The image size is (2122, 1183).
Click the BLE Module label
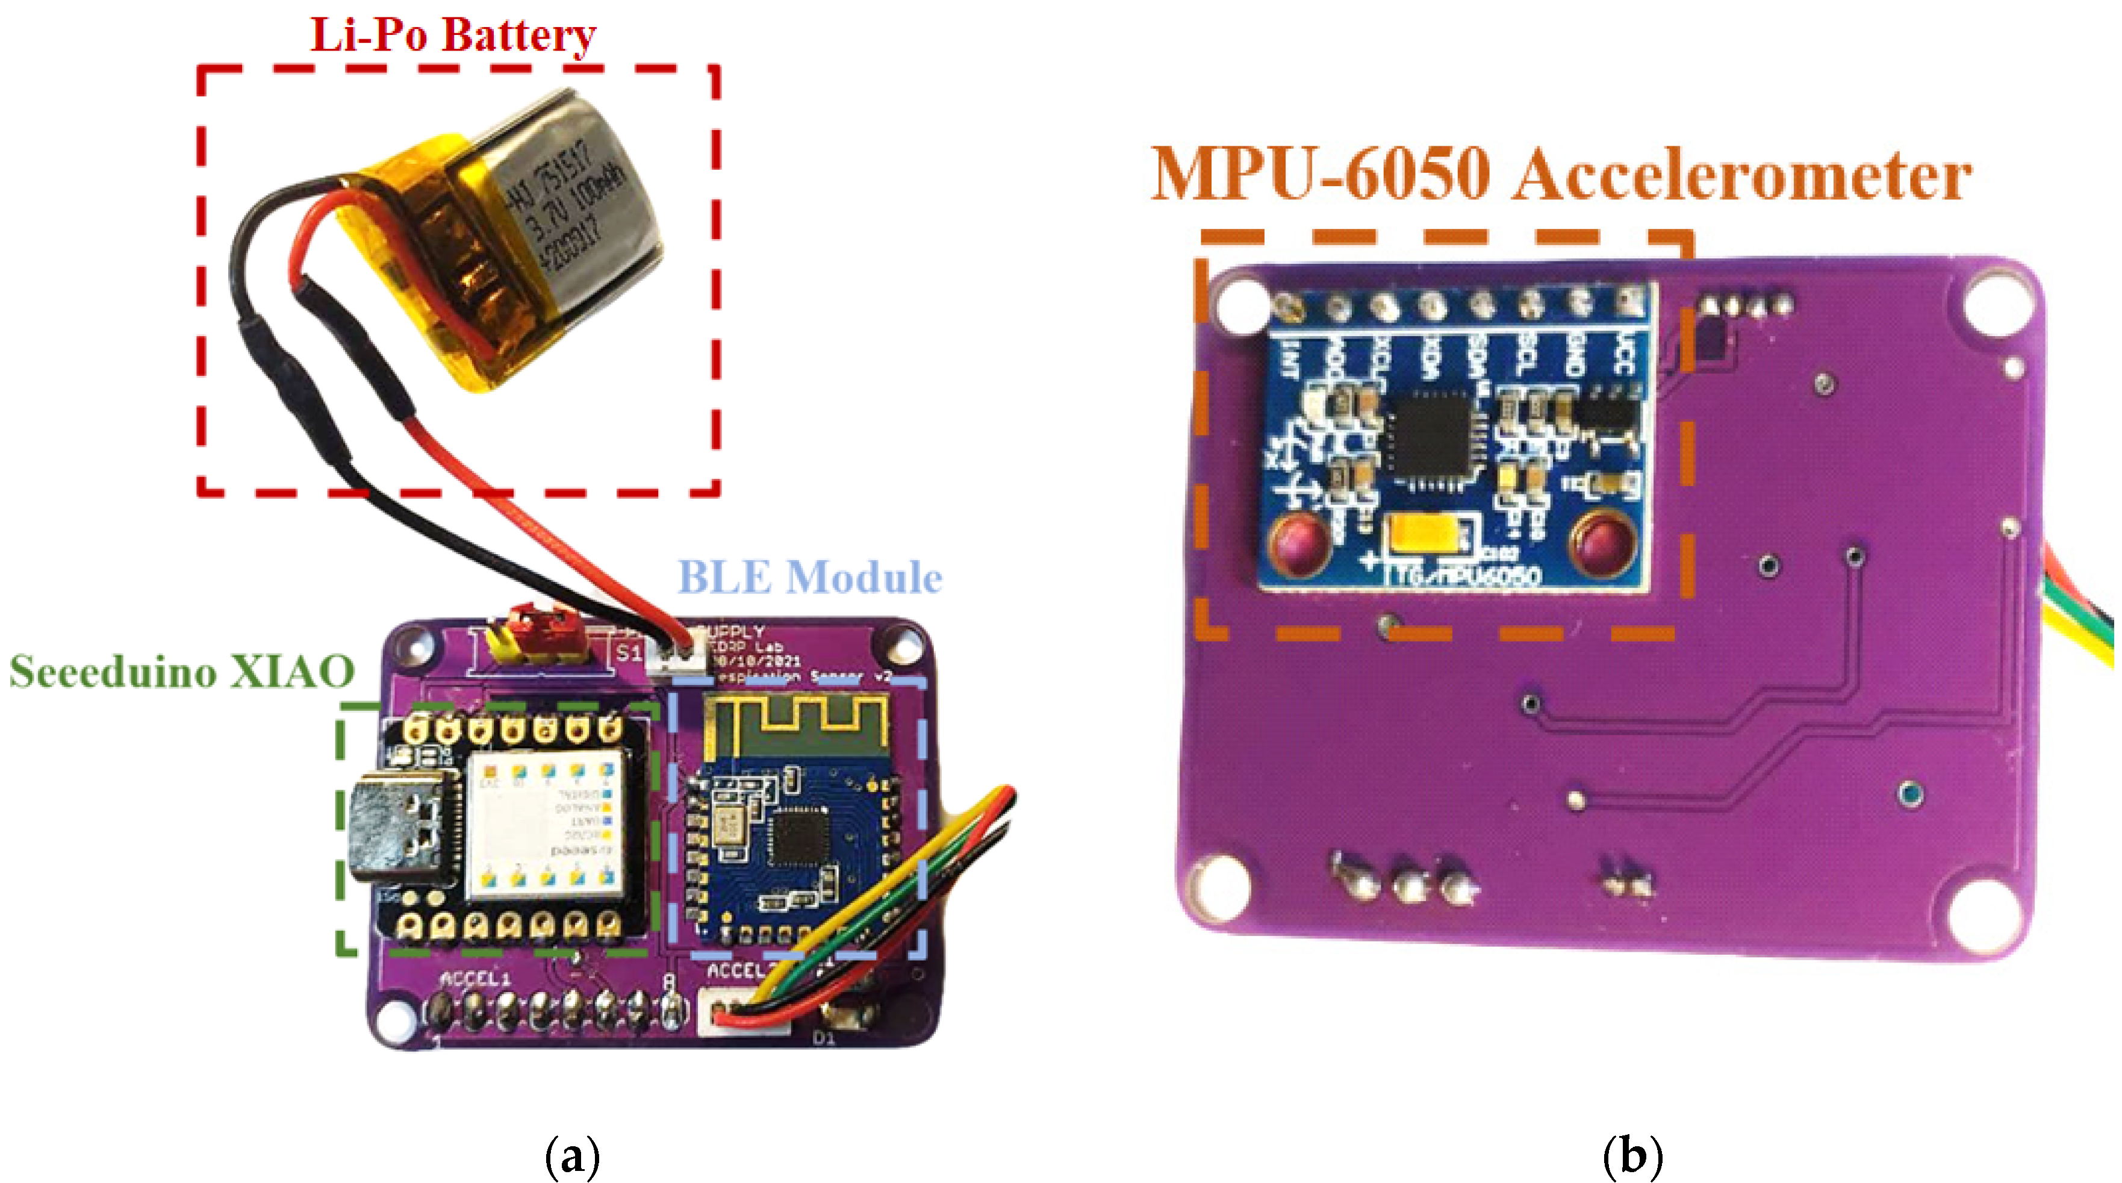click(x=809, y=576)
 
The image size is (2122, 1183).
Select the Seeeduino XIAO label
click(x=181, y=672)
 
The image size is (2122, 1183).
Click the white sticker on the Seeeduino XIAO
click(x=544, y=824)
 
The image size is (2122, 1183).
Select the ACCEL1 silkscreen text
click(x=475, y=979)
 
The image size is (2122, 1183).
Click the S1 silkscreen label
click(x=629, y=654)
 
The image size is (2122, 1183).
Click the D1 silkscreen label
click(x=824, y=1038)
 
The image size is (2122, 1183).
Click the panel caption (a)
click(x=571, y=1156)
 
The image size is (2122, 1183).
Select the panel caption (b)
click(x=1632, y=1156)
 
